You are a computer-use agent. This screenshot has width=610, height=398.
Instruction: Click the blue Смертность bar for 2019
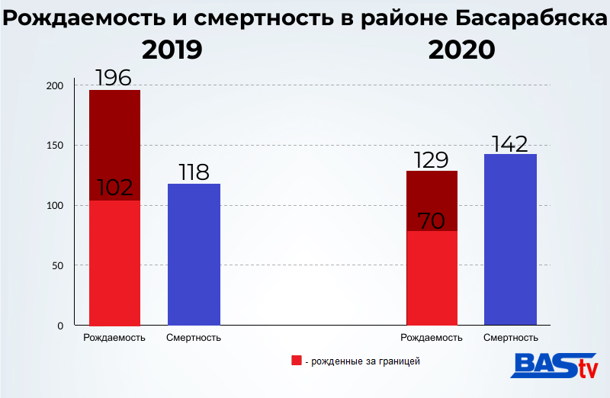(194, 254)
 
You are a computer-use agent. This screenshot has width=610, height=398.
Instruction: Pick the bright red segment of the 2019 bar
(114, 263)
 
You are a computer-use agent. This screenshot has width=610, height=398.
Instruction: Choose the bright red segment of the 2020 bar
(432, 278)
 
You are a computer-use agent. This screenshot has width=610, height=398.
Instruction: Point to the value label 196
(114, 78)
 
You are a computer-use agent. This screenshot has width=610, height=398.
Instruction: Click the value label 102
(114, 188)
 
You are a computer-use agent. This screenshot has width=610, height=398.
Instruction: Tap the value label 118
(194, 172)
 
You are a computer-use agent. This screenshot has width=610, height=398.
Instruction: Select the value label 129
(432, 160)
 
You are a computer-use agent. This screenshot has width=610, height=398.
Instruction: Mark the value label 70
(432, 221)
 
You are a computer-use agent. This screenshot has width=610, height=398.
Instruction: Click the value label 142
(510, 143)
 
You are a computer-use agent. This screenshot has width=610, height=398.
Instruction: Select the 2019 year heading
(172, 50)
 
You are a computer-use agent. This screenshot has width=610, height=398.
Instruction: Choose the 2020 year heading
(462, 50)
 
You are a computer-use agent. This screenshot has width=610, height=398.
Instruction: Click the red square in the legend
(297, 361)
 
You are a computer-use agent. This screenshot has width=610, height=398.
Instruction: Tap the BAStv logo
(554, 366)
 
